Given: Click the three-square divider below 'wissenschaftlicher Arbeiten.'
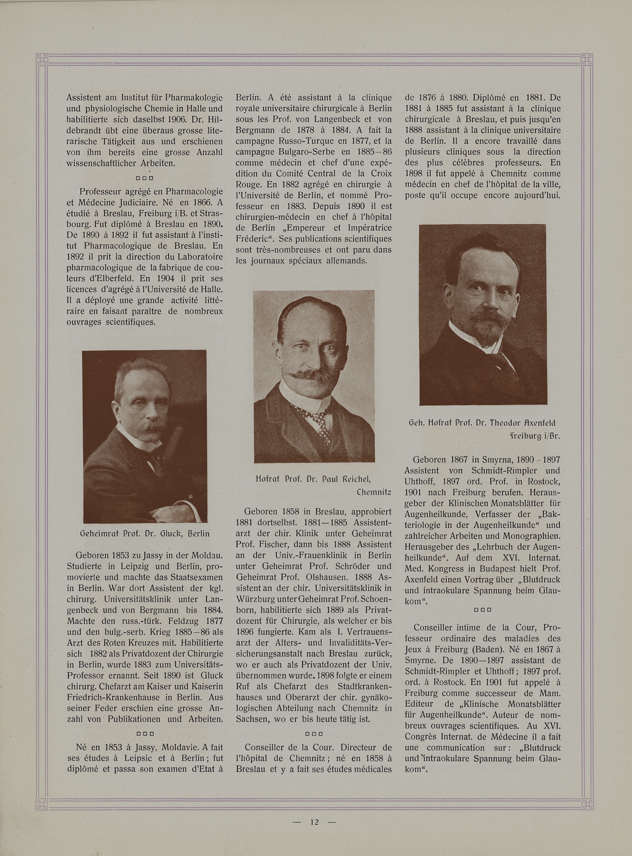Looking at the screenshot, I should [x=144, y=178].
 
